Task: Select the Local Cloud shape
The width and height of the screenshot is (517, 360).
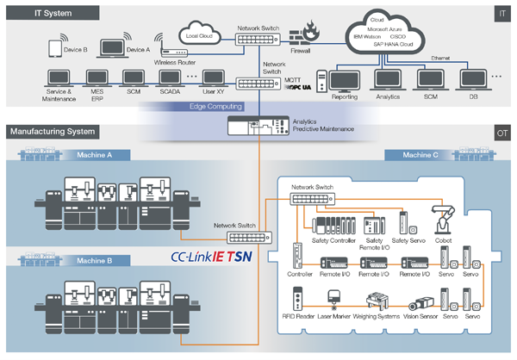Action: [x=199, y=35]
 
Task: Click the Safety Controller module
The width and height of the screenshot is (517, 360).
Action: [x=333, y=227]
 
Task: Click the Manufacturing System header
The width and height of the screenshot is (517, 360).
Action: [x=53, y=133]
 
